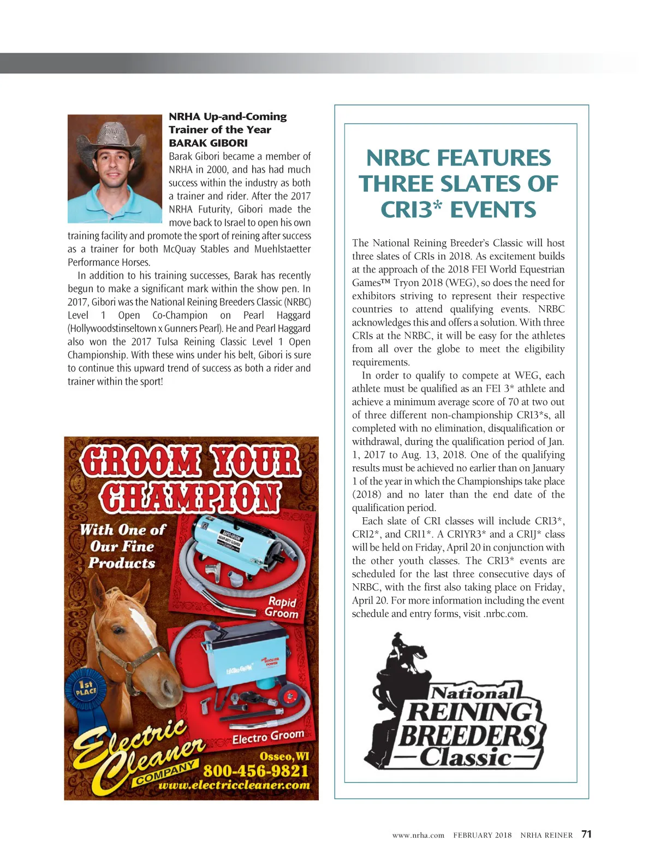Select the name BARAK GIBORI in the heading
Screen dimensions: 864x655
click(x=208, y=143)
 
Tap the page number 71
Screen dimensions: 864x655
click(x=586, y=834)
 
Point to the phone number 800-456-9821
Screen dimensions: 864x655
click(x=255, y=771)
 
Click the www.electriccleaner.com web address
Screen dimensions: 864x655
click(x=234, y=785)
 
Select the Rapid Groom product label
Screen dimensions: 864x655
click(x=282, y=607)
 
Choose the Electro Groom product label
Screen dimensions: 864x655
click(x=268, y=737)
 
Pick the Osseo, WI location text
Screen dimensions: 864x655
click(x=284, y=756)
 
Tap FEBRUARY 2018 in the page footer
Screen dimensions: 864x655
click(x=482, y=835)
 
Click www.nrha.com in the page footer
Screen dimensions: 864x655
click(x=418, y=835)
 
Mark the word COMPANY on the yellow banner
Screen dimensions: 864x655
click(x=165, y=773)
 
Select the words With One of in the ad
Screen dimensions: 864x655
click(x=122, y=530)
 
